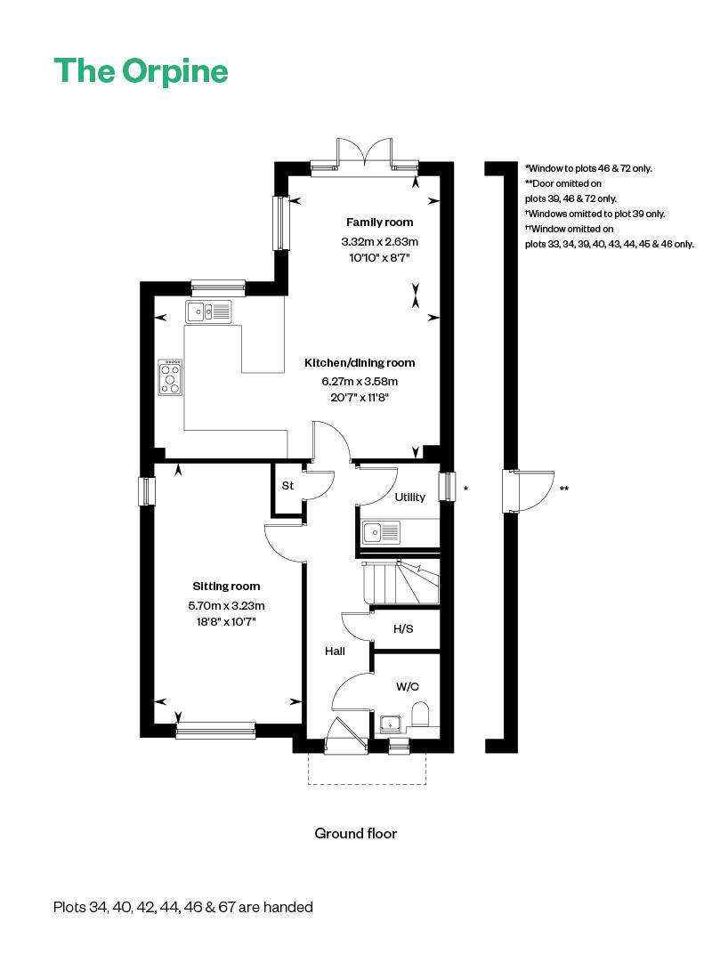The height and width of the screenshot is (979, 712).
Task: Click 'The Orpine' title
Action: [141, 71]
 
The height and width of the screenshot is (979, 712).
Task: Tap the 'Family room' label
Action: [380, 222]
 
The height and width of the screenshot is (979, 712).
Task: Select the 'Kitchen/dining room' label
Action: [360, 363]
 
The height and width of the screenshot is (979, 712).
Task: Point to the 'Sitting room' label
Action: [226, 587]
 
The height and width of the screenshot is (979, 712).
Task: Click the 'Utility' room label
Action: [409, 497]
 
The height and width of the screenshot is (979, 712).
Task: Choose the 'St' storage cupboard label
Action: [287, 485]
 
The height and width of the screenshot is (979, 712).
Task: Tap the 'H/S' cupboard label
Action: [403, 628]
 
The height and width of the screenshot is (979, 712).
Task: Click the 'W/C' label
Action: [408, 687]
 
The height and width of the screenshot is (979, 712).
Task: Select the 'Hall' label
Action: [335, 651]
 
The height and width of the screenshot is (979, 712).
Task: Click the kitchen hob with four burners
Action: [171, 377]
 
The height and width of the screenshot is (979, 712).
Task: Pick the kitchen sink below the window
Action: [208, 311]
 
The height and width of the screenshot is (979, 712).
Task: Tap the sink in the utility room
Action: [382, 532]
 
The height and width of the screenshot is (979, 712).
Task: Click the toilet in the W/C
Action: [420, 715]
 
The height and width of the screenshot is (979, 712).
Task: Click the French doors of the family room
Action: [364, 154]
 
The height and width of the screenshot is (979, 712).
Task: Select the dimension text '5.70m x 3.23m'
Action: [226, 605]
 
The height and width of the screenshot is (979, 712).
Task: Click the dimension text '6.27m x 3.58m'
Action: [360, 382]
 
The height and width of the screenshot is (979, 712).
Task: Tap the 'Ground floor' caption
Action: [355, 834]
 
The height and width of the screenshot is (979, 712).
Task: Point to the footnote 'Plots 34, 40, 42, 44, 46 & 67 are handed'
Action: [183, 907]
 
